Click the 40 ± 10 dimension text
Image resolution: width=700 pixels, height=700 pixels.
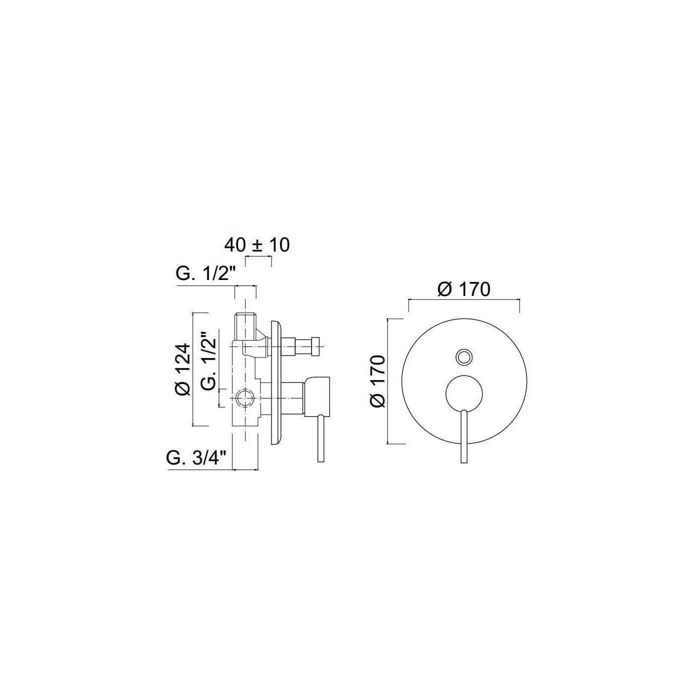click(x=257, y=245)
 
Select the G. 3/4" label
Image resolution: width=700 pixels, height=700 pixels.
click(x=196, y=458)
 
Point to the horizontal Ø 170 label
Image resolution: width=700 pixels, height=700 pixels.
click(x=464, y=289)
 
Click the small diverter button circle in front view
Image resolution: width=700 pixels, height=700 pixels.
click(x=464, y=356)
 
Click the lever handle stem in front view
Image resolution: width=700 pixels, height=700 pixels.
click(x=463, y=436)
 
